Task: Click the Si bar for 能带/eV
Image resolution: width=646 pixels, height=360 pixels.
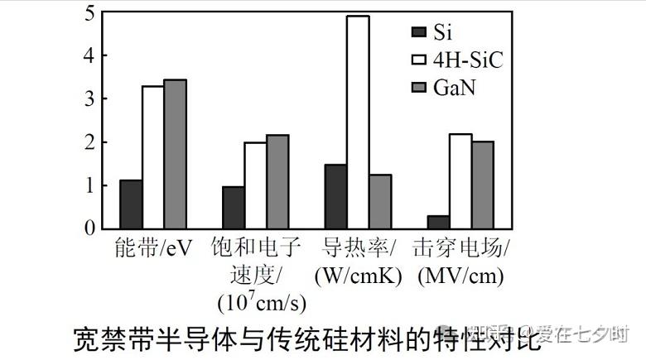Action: pos(131,204)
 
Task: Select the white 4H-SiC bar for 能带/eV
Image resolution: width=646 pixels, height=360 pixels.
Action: pos(152,157)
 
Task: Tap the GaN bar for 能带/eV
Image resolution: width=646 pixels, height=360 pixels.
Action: pos(175,154)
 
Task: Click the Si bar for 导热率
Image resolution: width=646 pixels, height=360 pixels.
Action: pos(335,196)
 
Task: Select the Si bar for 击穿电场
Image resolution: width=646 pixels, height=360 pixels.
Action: pos(438,222)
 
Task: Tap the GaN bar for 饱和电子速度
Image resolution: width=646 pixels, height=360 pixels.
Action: pos(277,181)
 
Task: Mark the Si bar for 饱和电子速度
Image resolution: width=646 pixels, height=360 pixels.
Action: pos(233,207)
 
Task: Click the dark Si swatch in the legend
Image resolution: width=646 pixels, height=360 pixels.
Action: pos(419,32)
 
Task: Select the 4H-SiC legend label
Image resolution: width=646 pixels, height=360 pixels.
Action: pos(468,60)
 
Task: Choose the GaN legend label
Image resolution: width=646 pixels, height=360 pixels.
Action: pos(455,87)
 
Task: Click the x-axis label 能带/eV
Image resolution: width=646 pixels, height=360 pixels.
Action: pos(154,249)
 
